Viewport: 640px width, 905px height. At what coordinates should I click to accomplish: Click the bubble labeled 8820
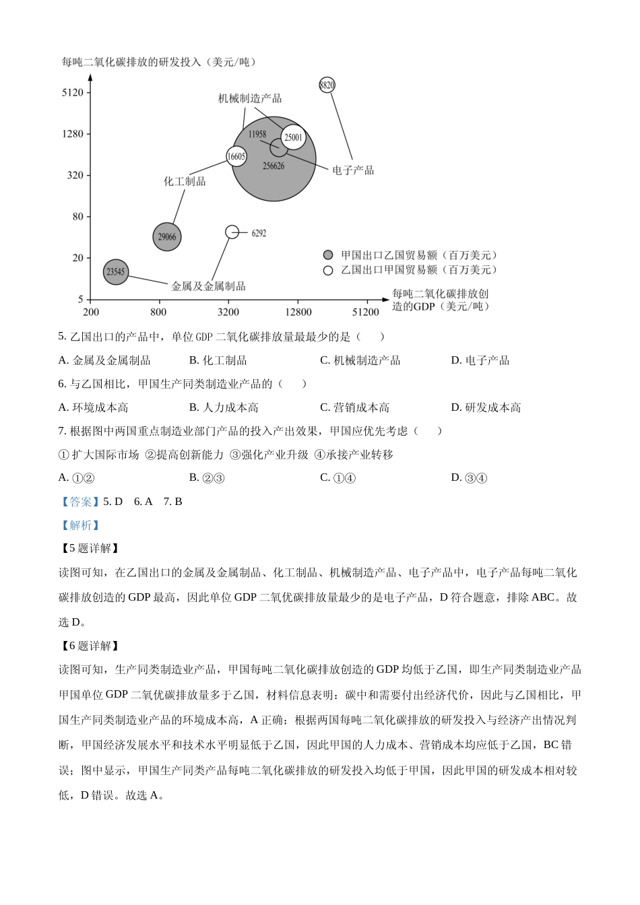pos(327,85)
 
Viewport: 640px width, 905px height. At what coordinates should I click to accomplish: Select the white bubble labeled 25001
pos(293,137)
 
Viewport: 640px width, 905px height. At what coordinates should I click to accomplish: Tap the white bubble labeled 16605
pos(236,157)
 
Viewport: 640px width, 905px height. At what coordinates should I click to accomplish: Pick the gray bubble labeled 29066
pos(167,236)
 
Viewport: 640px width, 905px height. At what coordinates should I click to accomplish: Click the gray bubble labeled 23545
pos(116,272)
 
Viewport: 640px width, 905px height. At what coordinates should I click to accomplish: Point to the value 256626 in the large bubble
pos(274,166)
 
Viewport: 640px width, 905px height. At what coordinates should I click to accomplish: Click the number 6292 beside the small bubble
pos(259,233)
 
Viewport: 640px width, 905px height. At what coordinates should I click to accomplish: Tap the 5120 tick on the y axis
pos(73,92)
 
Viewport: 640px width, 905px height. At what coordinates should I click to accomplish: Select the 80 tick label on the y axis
pos(78,216)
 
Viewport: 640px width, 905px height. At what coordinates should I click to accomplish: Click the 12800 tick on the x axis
pos(298,312)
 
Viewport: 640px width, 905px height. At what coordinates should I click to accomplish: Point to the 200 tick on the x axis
pos(91,312)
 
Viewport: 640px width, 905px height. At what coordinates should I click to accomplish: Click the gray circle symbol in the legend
pos(328,255)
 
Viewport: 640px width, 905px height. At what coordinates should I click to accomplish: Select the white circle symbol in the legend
pos(328,270)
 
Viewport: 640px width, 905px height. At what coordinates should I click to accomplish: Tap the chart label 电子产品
pos(353,170)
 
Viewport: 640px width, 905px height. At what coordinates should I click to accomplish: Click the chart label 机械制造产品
pos(250,98)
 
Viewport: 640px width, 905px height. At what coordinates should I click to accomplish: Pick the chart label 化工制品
pos(185,181)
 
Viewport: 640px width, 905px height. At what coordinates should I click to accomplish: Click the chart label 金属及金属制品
pos(209,286)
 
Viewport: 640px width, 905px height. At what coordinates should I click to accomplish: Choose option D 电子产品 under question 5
pos(480,360)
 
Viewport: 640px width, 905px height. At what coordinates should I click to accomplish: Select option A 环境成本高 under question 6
pos(94,407)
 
